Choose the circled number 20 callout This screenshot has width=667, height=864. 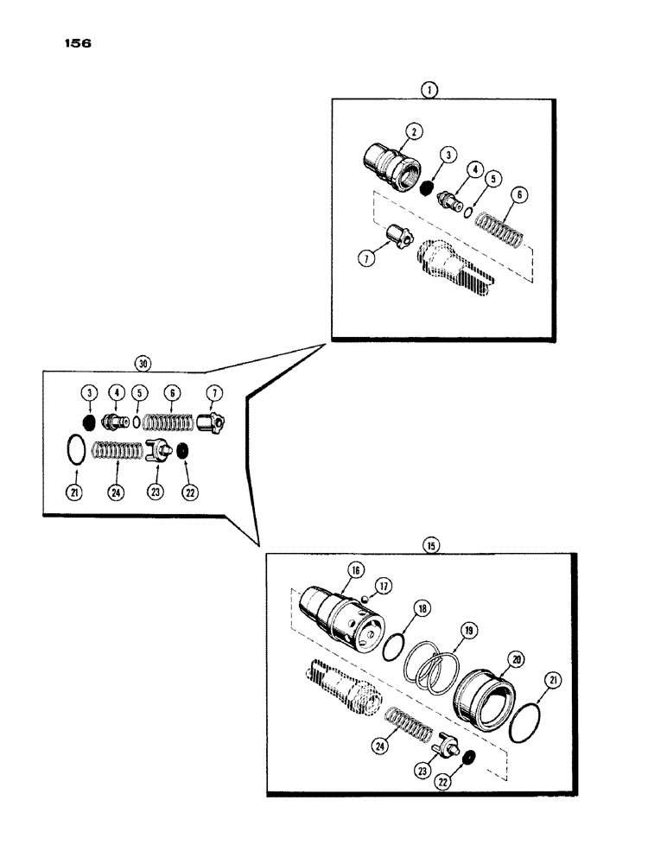(x=517, y=658)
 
